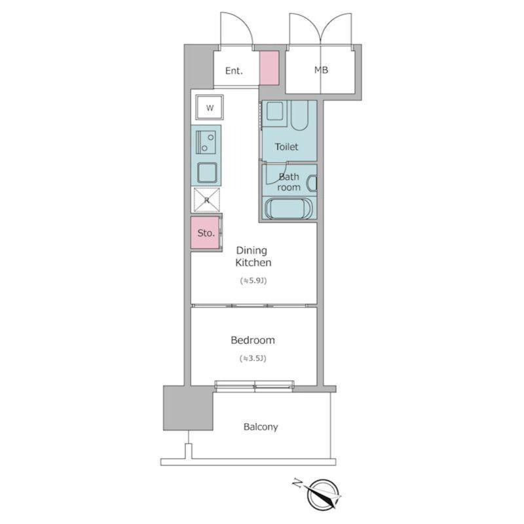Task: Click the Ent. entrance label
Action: pos(234,71)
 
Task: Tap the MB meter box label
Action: pos(321,70)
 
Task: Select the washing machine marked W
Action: pos(210,107)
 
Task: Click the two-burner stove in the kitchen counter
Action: pos(206,142)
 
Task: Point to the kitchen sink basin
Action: pos(207,173)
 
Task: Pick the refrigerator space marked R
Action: pos(206,200)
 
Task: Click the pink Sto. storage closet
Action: pos(205,233)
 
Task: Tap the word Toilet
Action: pos(286,147)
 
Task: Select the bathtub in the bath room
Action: pos(288,208)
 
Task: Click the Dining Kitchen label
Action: pos(253,256)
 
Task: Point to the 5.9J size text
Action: pos(253,281)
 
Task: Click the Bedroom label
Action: pos(253,340)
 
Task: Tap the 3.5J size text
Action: pos(253,358)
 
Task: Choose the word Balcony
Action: pos(261,427)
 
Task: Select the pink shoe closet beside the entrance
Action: pos(269,67)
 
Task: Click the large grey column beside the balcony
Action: pos(188,407)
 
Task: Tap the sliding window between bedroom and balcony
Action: pos(254,386)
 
